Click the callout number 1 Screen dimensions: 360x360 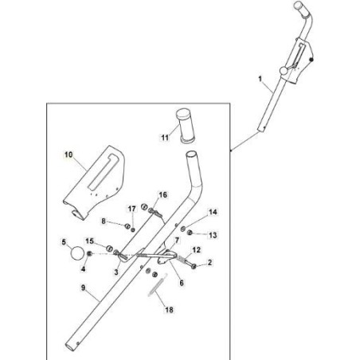[x=259, y=79]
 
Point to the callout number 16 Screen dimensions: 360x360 [x=163, y=194]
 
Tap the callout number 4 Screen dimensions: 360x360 [x=82, y=268]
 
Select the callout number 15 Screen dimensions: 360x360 [x=90, y=241]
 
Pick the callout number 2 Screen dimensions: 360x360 [x=209, y=262]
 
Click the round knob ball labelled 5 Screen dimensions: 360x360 [x=77, y=253]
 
